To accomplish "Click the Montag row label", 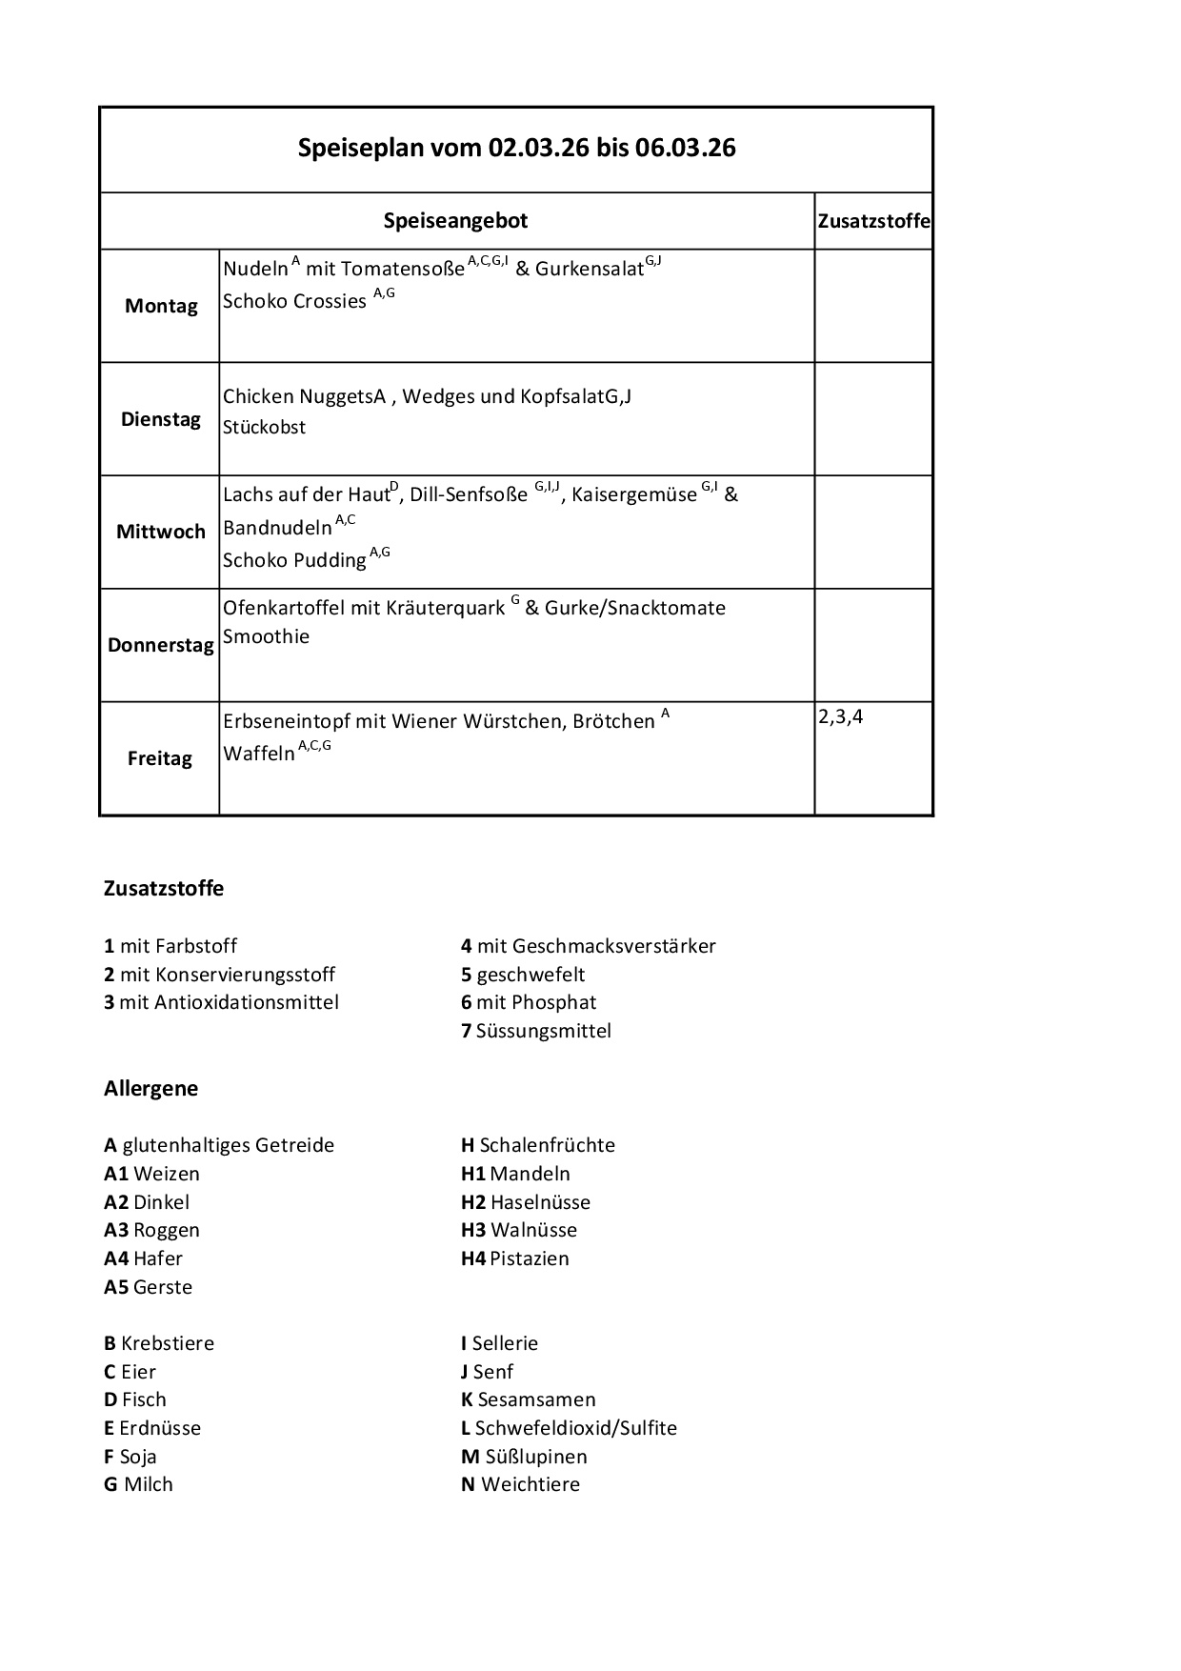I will click(161, 306).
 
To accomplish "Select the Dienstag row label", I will click(161, 419).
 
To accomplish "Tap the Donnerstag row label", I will click(160, 645).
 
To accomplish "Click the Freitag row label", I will click(160, 758).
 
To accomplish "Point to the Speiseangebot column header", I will click(455, 221).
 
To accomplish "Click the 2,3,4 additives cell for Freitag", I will click(840, 717).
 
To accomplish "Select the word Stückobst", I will click(264, 428).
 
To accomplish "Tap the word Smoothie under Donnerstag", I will click(266, 636).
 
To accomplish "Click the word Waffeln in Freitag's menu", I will click(259, 754).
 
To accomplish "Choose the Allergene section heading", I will click(150, 1088).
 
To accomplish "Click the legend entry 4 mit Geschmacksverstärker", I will click(588, 946).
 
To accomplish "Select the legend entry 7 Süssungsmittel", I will click(536, 1031).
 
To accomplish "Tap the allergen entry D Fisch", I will click(135, 1399).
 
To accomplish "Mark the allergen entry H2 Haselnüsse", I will click(526, 1202).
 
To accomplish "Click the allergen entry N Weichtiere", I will click(520, 1484).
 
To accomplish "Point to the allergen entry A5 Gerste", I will click(148, 1287).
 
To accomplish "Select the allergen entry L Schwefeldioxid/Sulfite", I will click(569, 1428).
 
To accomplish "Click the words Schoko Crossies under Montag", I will click(294, 302).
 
